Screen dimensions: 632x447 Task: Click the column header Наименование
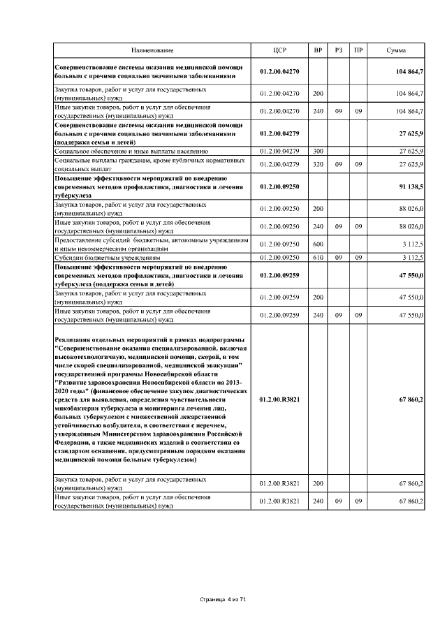[153, 51]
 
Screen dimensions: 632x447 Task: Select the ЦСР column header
[279, 51]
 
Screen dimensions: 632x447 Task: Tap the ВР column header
[318, 51]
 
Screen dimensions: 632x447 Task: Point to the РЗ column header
[338, 51]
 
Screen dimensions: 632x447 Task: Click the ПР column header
[358, 51]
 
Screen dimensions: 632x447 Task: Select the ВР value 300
[318, 150]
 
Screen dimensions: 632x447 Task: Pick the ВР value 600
[318, 244]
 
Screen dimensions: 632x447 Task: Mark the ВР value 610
[318, 257]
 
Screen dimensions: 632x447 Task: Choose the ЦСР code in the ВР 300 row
[279, 150]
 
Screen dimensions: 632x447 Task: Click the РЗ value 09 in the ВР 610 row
[338, 257]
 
